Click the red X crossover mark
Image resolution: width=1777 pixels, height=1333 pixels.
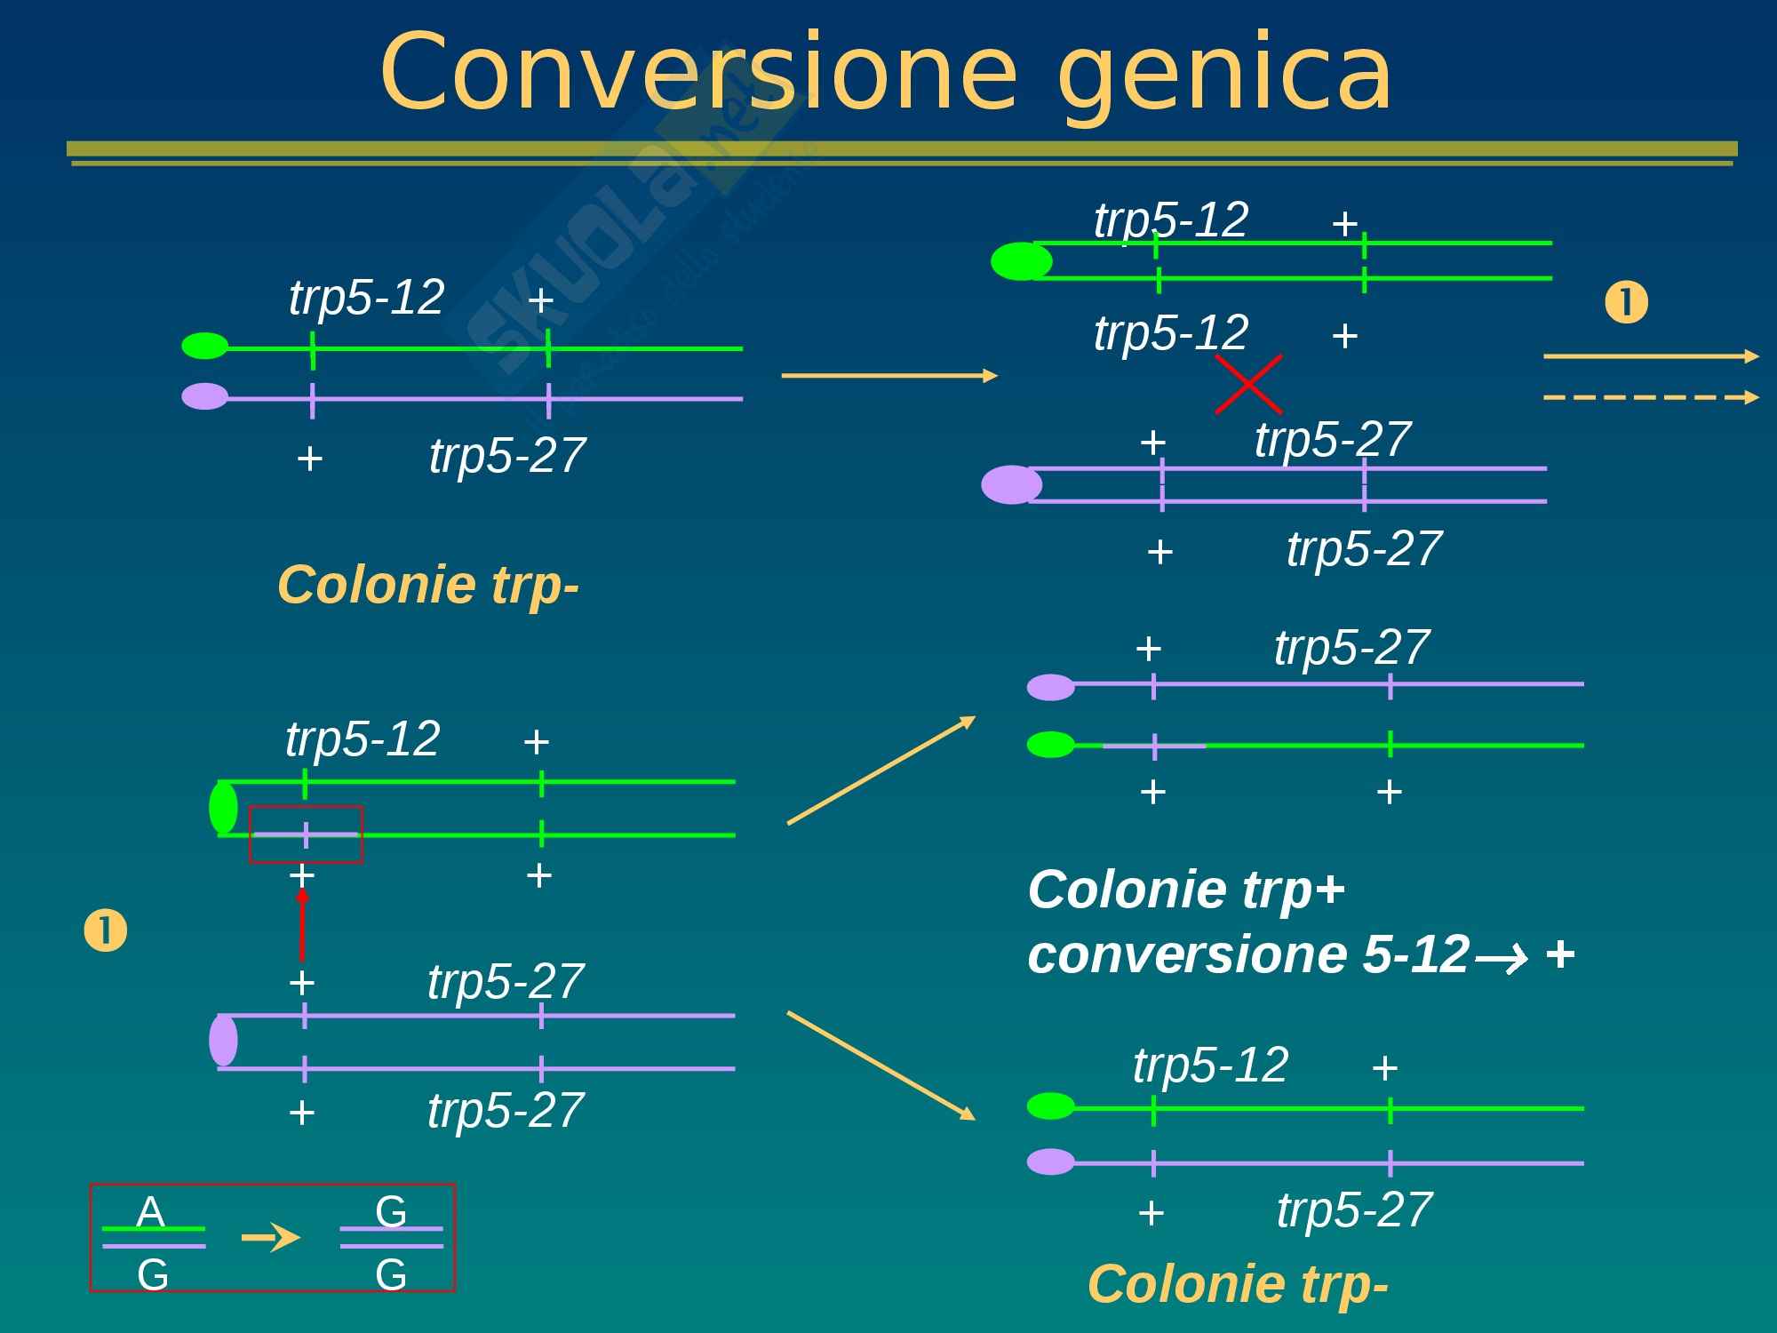click(x=1248, y=385)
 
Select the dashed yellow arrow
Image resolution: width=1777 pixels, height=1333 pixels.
click(x=1651, y=397)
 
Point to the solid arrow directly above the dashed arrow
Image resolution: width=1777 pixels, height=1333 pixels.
click(x=1651, y=356)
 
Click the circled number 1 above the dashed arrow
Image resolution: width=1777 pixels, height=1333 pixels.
click(x=1626, y=302)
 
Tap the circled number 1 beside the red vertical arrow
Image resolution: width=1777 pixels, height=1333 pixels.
click(x=105, y=931)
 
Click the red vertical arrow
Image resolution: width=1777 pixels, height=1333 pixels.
click(x=302, y=924)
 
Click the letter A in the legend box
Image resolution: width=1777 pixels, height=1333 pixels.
click(x=151, y=1212)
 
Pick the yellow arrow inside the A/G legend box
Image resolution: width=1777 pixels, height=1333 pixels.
click(x=271, y=1237)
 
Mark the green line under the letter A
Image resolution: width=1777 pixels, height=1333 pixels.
click(x=154, y=1229)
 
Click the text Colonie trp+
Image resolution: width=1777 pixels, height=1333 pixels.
click(x=1186, y=889)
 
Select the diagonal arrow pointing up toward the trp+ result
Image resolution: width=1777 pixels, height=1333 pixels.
click(x=881, y=770)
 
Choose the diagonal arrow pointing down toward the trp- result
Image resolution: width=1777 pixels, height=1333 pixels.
click(x=881, y=1066)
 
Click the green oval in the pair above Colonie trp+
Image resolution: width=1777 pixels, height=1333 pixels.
click(x=1051, y=745)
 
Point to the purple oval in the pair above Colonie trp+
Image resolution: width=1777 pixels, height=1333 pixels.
click(x=1051, y=687)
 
